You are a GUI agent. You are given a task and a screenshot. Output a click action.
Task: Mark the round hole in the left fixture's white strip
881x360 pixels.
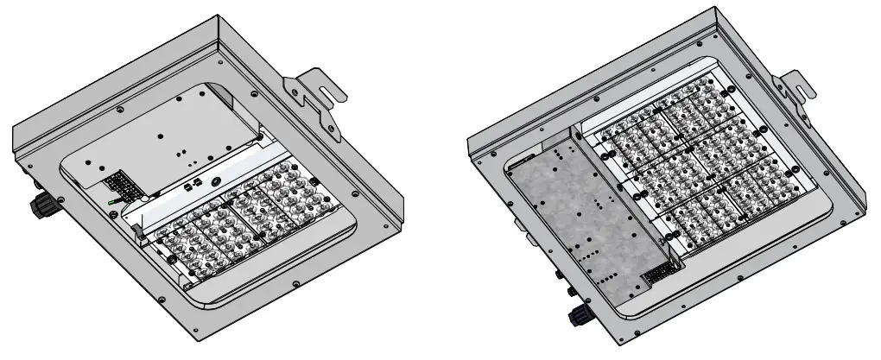coord(213,184)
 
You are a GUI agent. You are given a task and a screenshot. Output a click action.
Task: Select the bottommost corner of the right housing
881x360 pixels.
coord(620,345)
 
